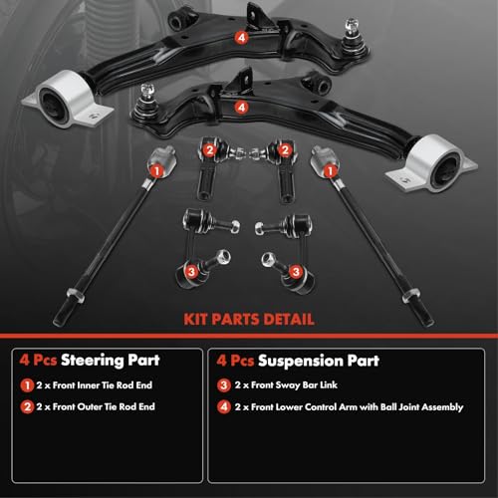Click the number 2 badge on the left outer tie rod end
(207, 150)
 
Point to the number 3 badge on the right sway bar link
(296, 270)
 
